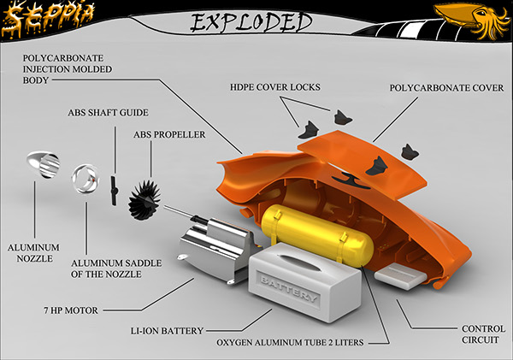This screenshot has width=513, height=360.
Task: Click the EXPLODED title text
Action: coord(250,21)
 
